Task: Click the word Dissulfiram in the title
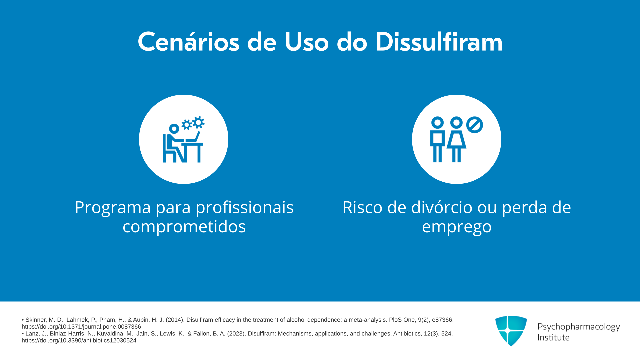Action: click(439, 42)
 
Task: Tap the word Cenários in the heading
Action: click(189, 42)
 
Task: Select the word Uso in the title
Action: click(307, 42)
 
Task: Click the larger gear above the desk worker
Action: click(198, 122)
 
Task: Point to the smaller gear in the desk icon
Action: click(186, 125)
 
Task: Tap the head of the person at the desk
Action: click(174, 128)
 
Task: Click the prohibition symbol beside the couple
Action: click(475, 125)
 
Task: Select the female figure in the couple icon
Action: click(456, 139)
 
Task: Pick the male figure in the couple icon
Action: click(437, 139)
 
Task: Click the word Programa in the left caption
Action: click(113, 208)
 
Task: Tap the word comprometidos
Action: click(184, 227)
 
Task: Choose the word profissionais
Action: click(244, 208)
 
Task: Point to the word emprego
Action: click(457, 227)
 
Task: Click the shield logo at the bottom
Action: click(511, 331)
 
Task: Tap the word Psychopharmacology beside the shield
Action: click(579, 327)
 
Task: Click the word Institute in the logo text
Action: click(554, 337)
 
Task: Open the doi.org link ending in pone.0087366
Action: click(81, 327)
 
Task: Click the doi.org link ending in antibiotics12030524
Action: click(79, 340)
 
